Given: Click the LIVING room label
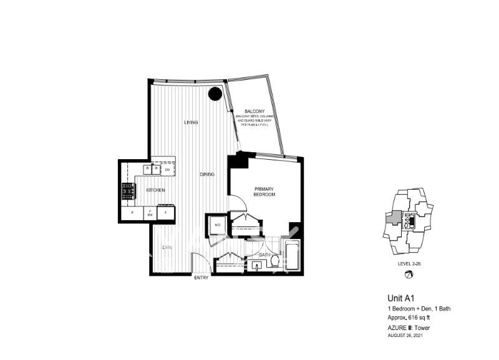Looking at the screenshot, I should point(191,122).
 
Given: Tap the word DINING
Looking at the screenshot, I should point(207,174).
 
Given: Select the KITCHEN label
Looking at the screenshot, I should point(155,189).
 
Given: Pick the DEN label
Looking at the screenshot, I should point(167,248).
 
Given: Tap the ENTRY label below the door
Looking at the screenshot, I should point(201,278).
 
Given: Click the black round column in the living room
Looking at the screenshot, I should point(215,94).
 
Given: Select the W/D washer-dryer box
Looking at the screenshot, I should point(218,224).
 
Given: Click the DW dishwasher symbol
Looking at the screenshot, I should point(167,169).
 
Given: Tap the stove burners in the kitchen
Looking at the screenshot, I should point(128,192).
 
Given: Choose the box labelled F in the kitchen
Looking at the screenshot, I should point(166,213).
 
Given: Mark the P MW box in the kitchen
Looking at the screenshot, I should point(150,213).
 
